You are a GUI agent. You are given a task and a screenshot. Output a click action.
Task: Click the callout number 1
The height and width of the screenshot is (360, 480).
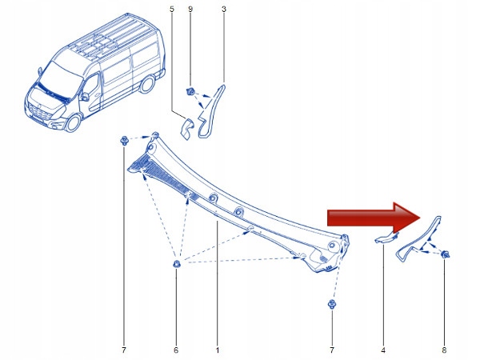217,350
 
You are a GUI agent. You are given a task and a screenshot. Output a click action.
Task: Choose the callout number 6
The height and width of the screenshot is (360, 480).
176,350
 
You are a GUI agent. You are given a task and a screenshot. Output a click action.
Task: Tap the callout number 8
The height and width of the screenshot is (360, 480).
443,350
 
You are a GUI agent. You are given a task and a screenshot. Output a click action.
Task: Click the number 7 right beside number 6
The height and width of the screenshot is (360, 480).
124,350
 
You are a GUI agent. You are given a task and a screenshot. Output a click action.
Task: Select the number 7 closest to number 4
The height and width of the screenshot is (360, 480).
330,350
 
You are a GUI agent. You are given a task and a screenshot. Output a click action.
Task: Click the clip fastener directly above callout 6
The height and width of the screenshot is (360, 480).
176,265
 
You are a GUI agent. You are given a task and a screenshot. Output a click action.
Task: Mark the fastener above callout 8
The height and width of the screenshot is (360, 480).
444,254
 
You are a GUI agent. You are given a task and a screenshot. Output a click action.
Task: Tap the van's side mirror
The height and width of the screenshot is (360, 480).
83,98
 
